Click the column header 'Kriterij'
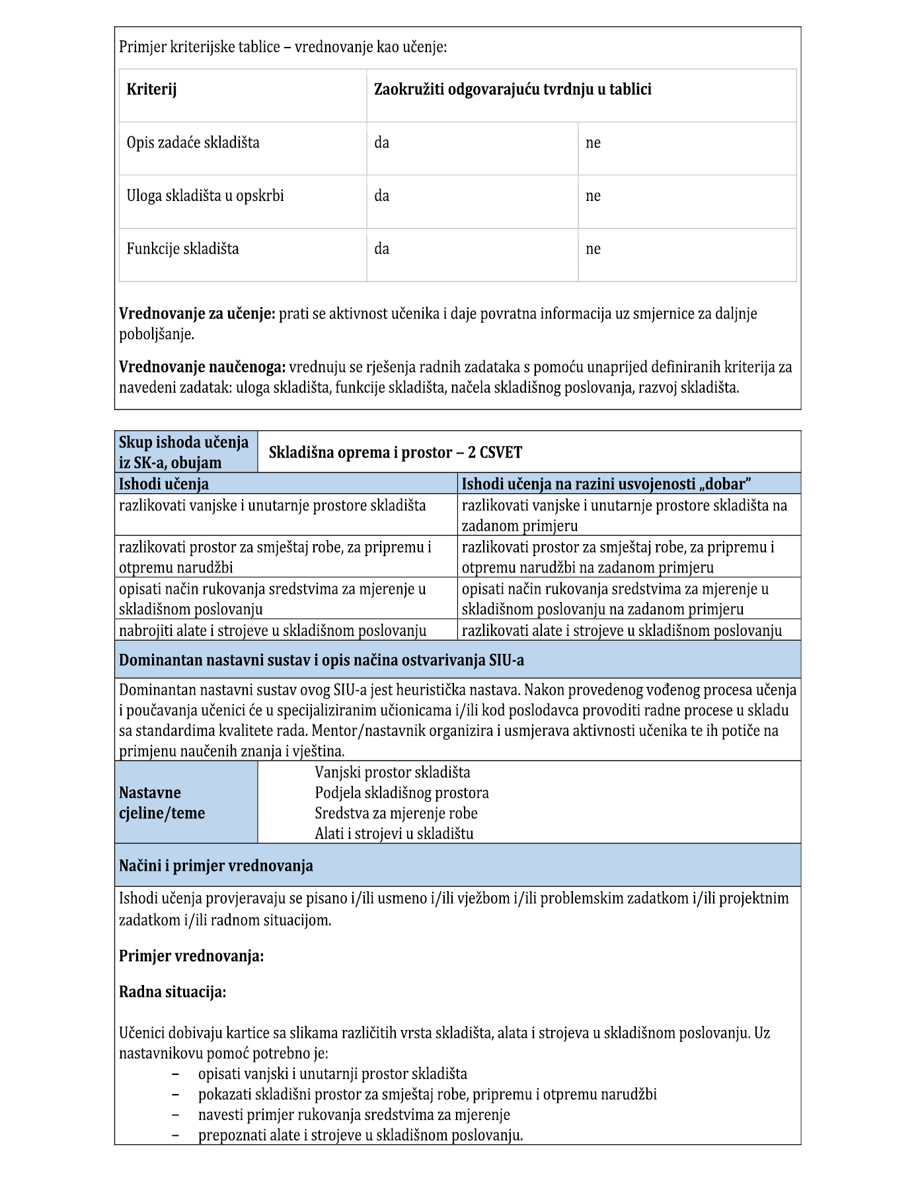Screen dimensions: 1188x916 pyautogui.click(x=151, y=89)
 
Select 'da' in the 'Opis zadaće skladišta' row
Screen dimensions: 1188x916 pyautogui.click(x=381, y=143)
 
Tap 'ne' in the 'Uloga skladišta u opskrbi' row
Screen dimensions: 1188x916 pyautogui.click(x=593, y=196)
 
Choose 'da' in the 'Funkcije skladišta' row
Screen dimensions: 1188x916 pyautogui.click(x=381, y=249)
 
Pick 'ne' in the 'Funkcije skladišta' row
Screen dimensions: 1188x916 pyautogui.click(x=593, y=249)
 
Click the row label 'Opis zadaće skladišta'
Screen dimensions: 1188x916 pyautogui.click(x=193, y=143)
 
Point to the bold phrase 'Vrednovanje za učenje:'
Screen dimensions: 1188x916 pyautogui.click(x=196, y=313)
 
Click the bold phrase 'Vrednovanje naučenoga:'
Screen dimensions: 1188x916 pyautogui.click(x=202, y=367)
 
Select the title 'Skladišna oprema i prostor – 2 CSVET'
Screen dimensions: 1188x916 pyautogui.click(x=395, y=452)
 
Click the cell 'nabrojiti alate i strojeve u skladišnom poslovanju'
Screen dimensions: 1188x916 pyautogui.click(x=272, y=631)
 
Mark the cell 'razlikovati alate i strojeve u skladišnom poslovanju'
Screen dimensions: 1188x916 pyautogui.click(x=621, y=631)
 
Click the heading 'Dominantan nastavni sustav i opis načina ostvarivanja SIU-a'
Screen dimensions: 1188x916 pyautogui.click(x=321, y=660)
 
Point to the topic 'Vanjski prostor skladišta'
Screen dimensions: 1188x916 pyautogui.click(x=393, y=772)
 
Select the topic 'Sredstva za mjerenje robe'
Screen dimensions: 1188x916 pyautogui.click(x=396, y=813)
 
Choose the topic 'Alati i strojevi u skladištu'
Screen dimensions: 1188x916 pyautogui.click(x=394, y=834)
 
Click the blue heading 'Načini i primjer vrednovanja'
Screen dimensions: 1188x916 pyautogui.click(x=215, y=865)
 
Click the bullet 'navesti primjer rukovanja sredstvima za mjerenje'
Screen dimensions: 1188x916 pyautogui.click(x=354, y=1115)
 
